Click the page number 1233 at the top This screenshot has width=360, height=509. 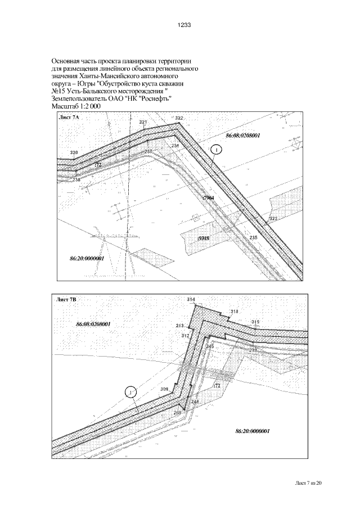click(x=184, y=25)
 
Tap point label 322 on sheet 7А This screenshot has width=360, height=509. click(x=179, y=118)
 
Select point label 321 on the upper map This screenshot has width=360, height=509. click(x=143, y=122)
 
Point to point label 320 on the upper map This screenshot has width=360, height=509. click(x=74, y=153)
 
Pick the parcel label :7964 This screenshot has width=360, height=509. click(x=208, y=199)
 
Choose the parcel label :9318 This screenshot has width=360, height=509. click(x=204, y=238)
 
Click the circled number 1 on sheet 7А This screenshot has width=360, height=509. click(x=218, y=149)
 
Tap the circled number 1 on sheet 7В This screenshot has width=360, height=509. click(x=130, y=391)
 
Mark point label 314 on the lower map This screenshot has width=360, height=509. click(x=191, y=299)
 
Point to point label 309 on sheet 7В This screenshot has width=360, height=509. click(x=164, y=389)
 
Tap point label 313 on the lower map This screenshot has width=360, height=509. click(x=180, y=326)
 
